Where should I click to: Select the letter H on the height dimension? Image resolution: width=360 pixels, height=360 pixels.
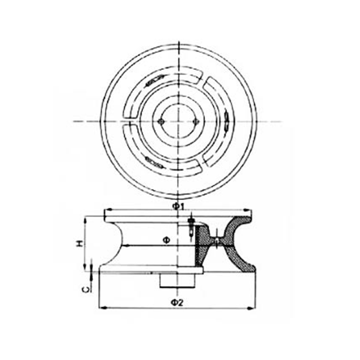(x=80, y=243)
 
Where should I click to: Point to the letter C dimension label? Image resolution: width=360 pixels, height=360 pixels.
(x=85, y=290)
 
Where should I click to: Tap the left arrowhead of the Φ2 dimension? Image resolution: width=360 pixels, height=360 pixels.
(x=103, y=308)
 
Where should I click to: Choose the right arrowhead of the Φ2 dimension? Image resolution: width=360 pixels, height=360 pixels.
(x=251, y=308)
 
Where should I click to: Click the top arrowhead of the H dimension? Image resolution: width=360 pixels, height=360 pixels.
(x=85, y=221)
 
